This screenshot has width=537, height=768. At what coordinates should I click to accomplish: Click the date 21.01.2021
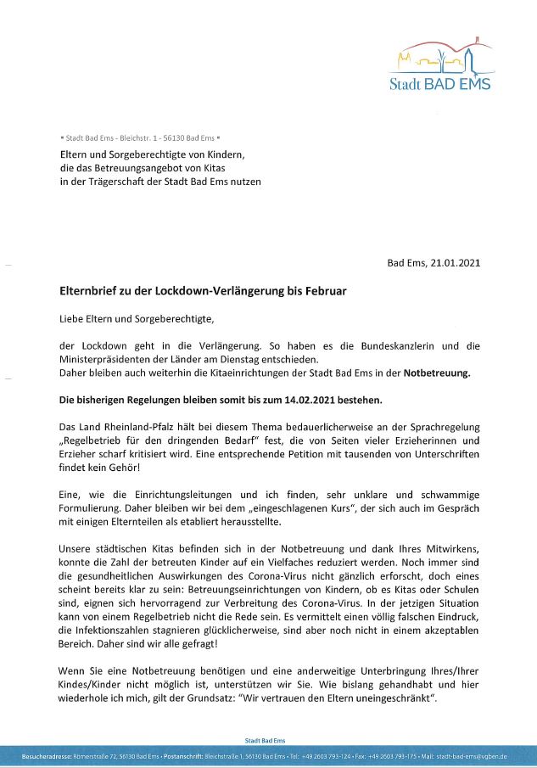tap(453, 263)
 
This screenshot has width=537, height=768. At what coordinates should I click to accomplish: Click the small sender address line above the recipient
tap(141, 137)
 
